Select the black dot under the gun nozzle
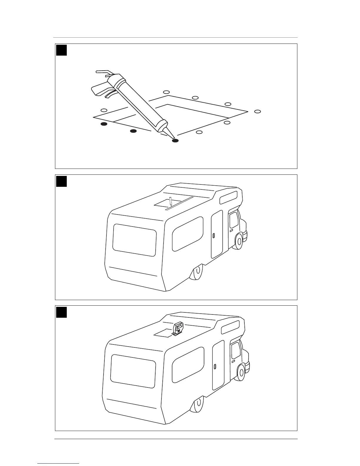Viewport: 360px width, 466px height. (175, 141)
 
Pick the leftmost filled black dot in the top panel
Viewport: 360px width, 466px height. (104, 124)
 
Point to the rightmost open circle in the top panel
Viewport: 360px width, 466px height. (258, 111)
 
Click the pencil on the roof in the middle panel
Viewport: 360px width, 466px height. (170, 202)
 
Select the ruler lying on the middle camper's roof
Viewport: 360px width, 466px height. (179, 203)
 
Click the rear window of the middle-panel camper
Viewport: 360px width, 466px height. (134, 240)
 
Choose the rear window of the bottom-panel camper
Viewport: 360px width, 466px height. (133, 371)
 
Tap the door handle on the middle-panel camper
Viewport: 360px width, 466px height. (214, 236)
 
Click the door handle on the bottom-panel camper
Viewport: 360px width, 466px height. (215, 366)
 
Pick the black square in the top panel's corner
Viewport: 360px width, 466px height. (61, 50)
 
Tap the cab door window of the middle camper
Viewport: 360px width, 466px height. (234, 220)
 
